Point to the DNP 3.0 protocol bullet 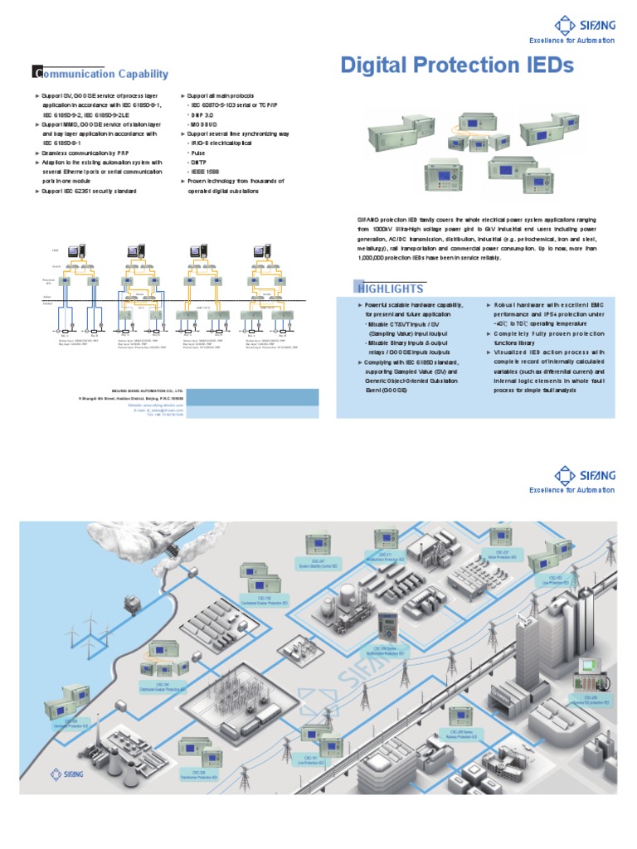coord(205,114)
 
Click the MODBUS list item coord(205,124)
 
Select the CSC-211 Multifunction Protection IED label coord(386,557)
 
